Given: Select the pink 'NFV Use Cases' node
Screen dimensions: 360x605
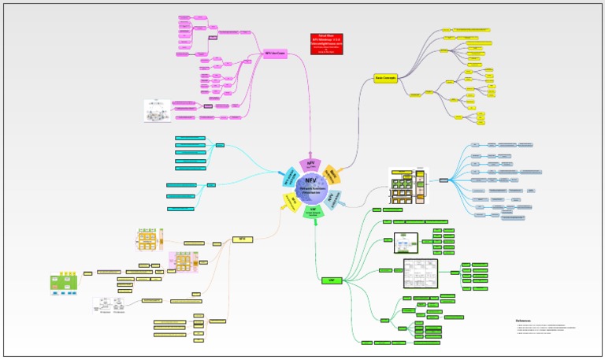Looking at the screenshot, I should [x=274, y=54].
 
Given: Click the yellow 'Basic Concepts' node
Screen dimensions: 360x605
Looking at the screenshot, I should [x=385, y=78].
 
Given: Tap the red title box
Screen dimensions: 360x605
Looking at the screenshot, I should [x=327, y=43].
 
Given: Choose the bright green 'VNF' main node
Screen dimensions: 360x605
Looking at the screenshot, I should [x=332, y=280].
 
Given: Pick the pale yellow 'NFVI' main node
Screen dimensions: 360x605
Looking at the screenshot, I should [x=242, y=239].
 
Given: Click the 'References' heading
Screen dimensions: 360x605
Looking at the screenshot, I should [x=524, y=321].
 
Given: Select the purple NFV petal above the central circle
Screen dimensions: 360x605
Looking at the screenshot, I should [x=310, y=165].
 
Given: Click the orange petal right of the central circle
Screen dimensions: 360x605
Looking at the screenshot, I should [x=333, y=174].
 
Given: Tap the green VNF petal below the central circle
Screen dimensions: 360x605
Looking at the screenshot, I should [x=314, y=210].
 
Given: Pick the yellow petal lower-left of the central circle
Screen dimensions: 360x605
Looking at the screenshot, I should [x=291, y=202].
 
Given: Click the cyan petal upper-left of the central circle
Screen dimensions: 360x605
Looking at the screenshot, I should [x=288, y=177].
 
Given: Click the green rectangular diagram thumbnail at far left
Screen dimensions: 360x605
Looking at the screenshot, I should [x=64, y=284].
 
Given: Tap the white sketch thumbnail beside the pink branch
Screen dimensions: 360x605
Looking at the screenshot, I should [x=157, y=111].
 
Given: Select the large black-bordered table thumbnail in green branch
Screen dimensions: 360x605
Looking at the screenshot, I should [x=420, y=273].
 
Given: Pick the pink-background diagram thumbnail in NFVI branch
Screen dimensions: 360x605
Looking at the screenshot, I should [x=183, y=262].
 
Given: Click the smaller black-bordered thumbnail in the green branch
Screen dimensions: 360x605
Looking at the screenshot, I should [x=405, y=243].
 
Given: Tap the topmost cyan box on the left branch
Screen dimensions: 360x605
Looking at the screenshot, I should [x=190, y=138].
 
